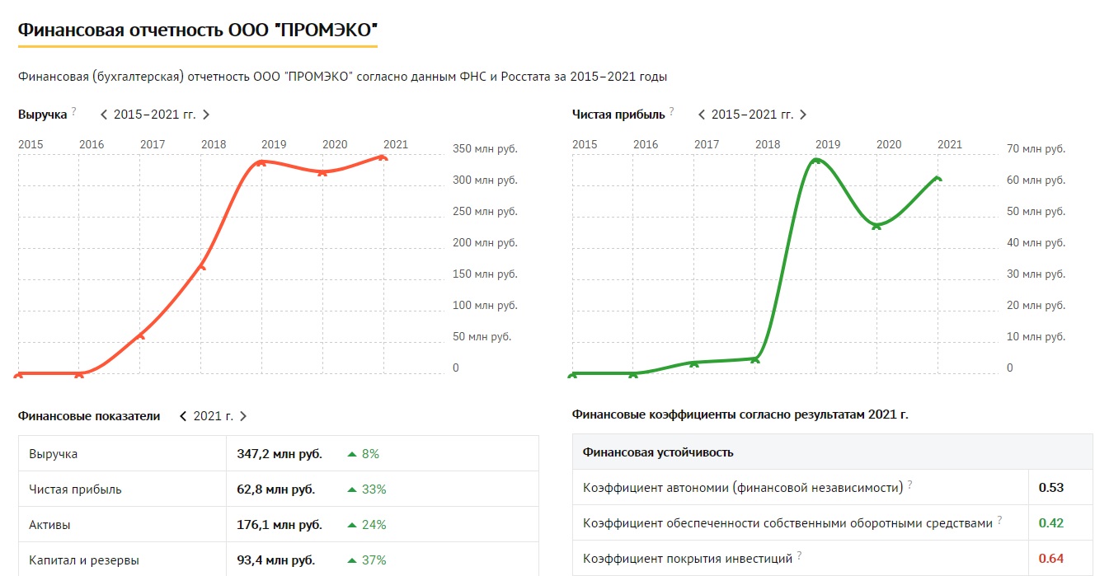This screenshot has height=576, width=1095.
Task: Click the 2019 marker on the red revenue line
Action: (x=261, y=162)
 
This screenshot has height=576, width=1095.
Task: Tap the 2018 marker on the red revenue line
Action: (x=201, y=266)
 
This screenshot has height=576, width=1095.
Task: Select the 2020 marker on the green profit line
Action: (x=876, y=225)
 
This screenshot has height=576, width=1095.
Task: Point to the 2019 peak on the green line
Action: (x=815, y=160)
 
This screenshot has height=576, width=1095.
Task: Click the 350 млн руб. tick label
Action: (x=485, y=149)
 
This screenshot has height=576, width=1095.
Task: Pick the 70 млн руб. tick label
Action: (x=1036, y=149)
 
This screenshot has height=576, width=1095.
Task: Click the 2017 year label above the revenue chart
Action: (x=153, y=144)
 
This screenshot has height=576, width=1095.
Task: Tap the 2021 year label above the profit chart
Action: (x=950, y=144)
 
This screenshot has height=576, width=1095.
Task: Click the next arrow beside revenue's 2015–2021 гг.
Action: (x=206, y=115)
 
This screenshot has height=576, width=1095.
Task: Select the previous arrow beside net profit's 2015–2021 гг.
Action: (x=702, y=115)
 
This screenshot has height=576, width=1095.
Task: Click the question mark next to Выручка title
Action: (x=73, y=111)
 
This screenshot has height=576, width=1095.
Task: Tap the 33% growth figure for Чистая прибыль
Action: (x=374, y=489)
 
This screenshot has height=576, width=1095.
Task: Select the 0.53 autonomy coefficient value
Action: (x=1051, y=487)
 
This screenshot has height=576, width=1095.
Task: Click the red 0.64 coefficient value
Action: (x=1051, y=558)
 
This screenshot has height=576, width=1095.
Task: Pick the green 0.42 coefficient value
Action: (x=1051, y=522)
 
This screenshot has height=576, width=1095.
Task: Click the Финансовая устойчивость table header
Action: (x=658, y=452)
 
